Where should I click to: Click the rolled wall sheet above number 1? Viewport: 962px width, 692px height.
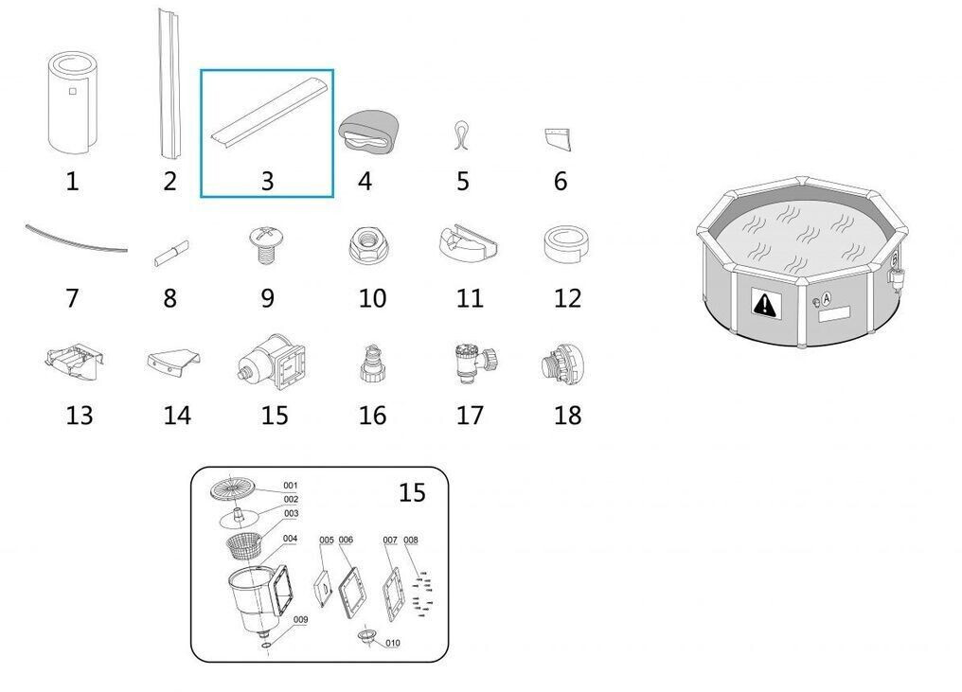(x=71, y=102)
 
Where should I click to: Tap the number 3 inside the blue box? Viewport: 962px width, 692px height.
(x=267, y=181)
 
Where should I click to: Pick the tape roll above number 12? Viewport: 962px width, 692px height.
(x=566, y=244)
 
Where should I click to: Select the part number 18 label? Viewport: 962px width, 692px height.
(x=567, y=416)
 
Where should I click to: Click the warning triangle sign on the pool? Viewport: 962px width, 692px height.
(x=764, y=303)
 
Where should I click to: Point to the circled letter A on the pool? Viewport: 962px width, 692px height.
(x=827, y=298)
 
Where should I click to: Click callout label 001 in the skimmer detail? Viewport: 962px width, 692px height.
(x=290, y=486)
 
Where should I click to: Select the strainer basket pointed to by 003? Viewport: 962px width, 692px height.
(x=244, y=545)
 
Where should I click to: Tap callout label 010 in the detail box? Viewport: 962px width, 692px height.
(x=393, y=643)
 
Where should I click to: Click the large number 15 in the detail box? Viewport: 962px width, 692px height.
(x=412, y=492)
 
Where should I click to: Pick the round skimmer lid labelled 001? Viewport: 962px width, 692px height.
(x=232, y=488)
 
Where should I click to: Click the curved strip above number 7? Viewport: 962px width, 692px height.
(x=77, y=240)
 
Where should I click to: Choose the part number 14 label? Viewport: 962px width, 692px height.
(x=177, y=416)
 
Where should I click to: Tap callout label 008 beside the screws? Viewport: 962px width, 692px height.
(x=410, y=540)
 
